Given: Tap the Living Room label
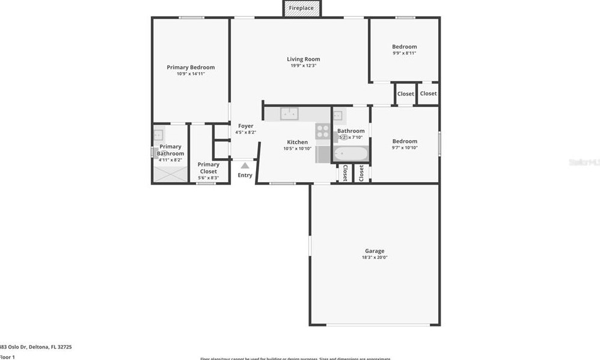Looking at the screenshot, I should coord(303,59).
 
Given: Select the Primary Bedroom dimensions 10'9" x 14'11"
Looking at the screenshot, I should coord(191,74).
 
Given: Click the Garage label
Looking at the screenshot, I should coord(374,251).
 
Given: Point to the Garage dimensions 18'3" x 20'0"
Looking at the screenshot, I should coord(374,257).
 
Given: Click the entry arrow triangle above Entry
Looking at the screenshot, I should coord(245,165).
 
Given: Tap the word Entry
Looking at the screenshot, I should coord(245,175).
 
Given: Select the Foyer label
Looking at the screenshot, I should coord(245,126).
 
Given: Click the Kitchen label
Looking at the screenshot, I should coord(297,142).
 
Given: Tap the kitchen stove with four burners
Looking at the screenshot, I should coord(323,130).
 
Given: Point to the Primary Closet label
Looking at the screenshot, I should coord(208,168).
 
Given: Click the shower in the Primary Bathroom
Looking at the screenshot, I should coord(170,174).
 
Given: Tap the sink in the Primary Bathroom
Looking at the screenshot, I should coord(159,135).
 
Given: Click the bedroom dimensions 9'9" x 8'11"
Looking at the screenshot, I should coord(404,53).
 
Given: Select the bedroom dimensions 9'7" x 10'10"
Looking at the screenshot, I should coord(404,148).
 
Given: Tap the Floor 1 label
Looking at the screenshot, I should coord(7,357).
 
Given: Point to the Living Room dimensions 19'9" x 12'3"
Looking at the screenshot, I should coord(303,66).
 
